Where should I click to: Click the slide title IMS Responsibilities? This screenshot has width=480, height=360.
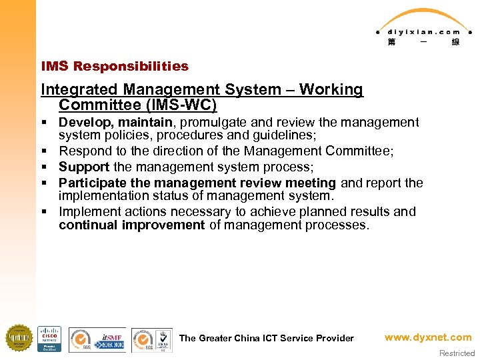tap(115, 66)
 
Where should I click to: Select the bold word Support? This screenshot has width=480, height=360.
tap(84, 167)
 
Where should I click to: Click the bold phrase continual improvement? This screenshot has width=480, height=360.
tap(131, 225)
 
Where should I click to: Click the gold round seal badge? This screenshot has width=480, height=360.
tap(19, 338)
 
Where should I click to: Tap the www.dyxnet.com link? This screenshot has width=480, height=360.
tap(427, 337)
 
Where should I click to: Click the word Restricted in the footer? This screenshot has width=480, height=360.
tap(457, 353)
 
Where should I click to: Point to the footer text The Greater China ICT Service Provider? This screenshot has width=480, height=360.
tap(266, 338)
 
